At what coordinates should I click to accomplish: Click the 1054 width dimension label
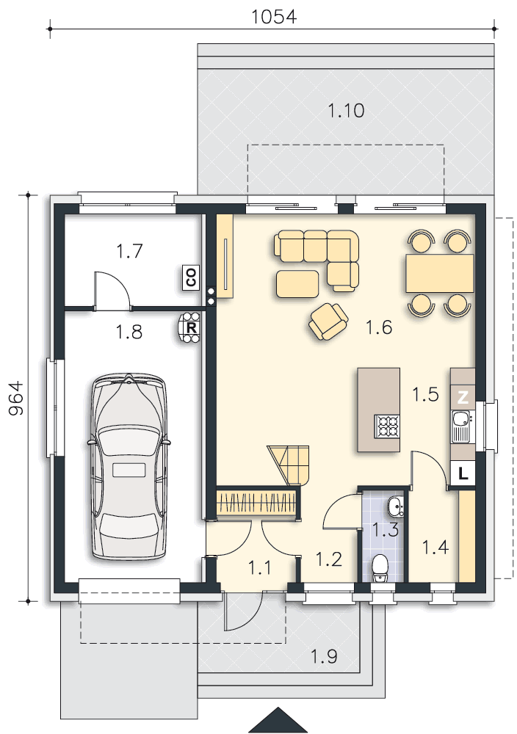point(274,17)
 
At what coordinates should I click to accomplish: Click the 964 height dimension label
point(16,399)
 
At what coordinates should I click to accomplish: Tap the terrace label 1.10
point(346,111)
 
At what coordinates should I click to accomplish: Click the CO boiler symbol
point(191,277)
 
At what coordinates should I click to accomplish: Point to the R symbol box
point(191,327)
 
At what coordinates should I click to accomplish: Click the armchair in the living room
point(328,321)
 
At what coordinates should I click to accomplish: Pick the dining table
point(440,273)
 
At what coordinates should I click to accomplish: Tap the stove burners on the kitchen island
point(387,426)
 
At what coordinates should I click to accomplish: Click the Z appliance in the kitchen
point(463,397)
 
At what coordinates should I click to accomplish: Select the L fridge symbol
point(463,473)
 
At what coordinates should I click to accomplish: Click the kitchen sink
point(461,426)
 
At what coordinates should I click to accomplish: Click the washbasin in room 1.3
point(395,506)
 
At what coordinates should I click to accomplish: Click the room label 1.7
point(129,251)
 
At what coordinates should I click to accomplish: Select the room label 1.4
point(435,548)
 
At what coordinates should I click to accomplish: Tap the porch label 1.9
point(324,656)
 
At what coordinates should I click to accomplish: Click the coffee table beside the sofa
point(297,284)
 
